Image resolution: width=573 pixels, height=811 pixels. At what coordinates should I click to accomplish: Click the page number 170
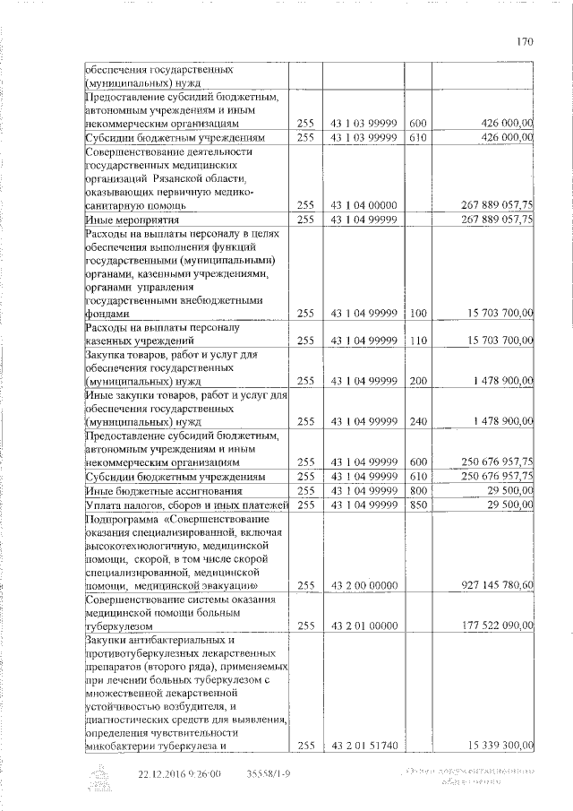coord(525,40)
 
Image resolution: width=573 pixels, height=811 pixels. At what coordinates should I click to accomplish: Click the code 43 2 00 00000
coord(364,585)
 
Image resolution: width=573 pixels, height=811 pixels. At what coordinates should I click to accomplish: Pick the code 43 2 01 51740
coord(364,744)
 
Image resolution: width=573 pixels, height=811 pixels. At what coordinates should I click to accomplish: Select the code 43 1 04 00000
coord(364,205)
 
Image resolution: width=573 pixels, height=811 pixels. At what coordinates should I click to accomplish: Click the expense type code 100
coord(418,314)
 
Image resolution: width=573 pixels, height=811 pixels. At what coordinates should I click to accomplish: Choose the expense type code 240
coord(418,419)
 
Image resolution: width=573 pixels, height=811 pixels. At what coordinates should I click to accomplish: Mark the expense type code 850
coord(418,505)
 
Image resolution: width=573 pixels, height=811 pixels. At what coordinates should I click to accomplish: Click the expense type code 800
coord(418,490)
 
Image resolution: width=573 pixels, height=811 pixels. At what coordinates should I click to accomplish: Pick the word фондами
coord(107,315)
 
